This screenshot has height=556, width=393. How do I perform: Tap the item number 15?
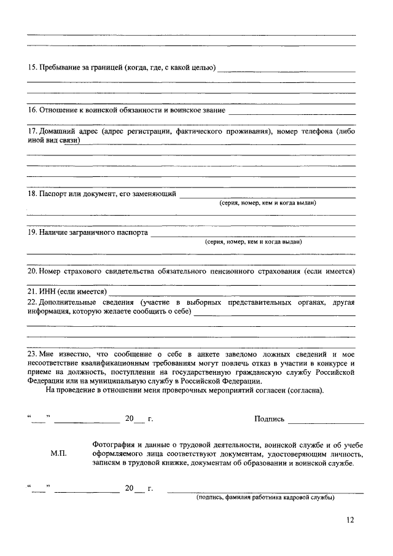(x=33, y=67)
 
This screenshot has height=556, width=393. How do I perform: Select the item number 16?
(x=33, y=111)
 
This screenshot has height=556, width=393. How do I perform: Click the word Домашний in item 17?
(x=58, y=131)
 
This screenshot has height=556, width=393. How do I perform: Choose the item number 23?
(x=33, y=354)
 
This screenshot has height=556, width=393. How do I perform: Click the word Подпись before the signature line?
(x=270, y=419)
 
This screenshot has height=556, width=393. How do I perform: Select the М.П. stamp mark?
(x=59, y=453)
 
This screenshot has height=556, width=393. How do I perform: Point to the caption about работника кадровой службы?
(x=265, y=498)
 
